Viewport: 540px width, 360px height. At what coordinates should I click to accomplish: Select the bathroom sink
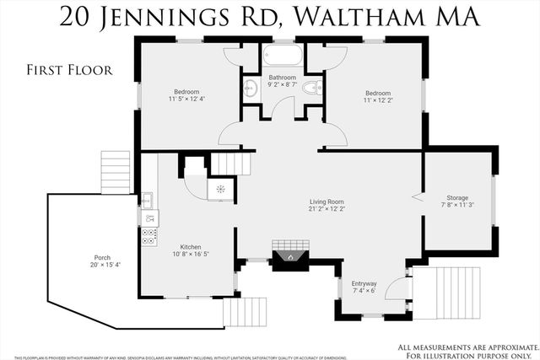point(250,88)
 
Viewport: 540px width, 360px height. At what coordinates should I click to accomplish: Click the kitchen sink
point(147,200)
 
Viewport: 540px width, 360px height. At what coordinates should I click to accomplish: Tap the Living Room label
point(326,202)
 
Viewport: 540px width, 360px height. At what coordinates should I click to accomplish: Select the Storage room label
point(457,199)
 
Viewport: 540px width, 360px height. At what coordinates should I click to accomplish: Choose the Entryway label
point(364,284)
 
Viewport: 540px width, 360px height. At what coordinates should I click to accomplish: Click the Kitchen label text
point(190,247)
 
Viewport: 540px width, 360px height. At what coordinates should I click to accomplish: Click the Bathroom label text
point(282,78)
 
